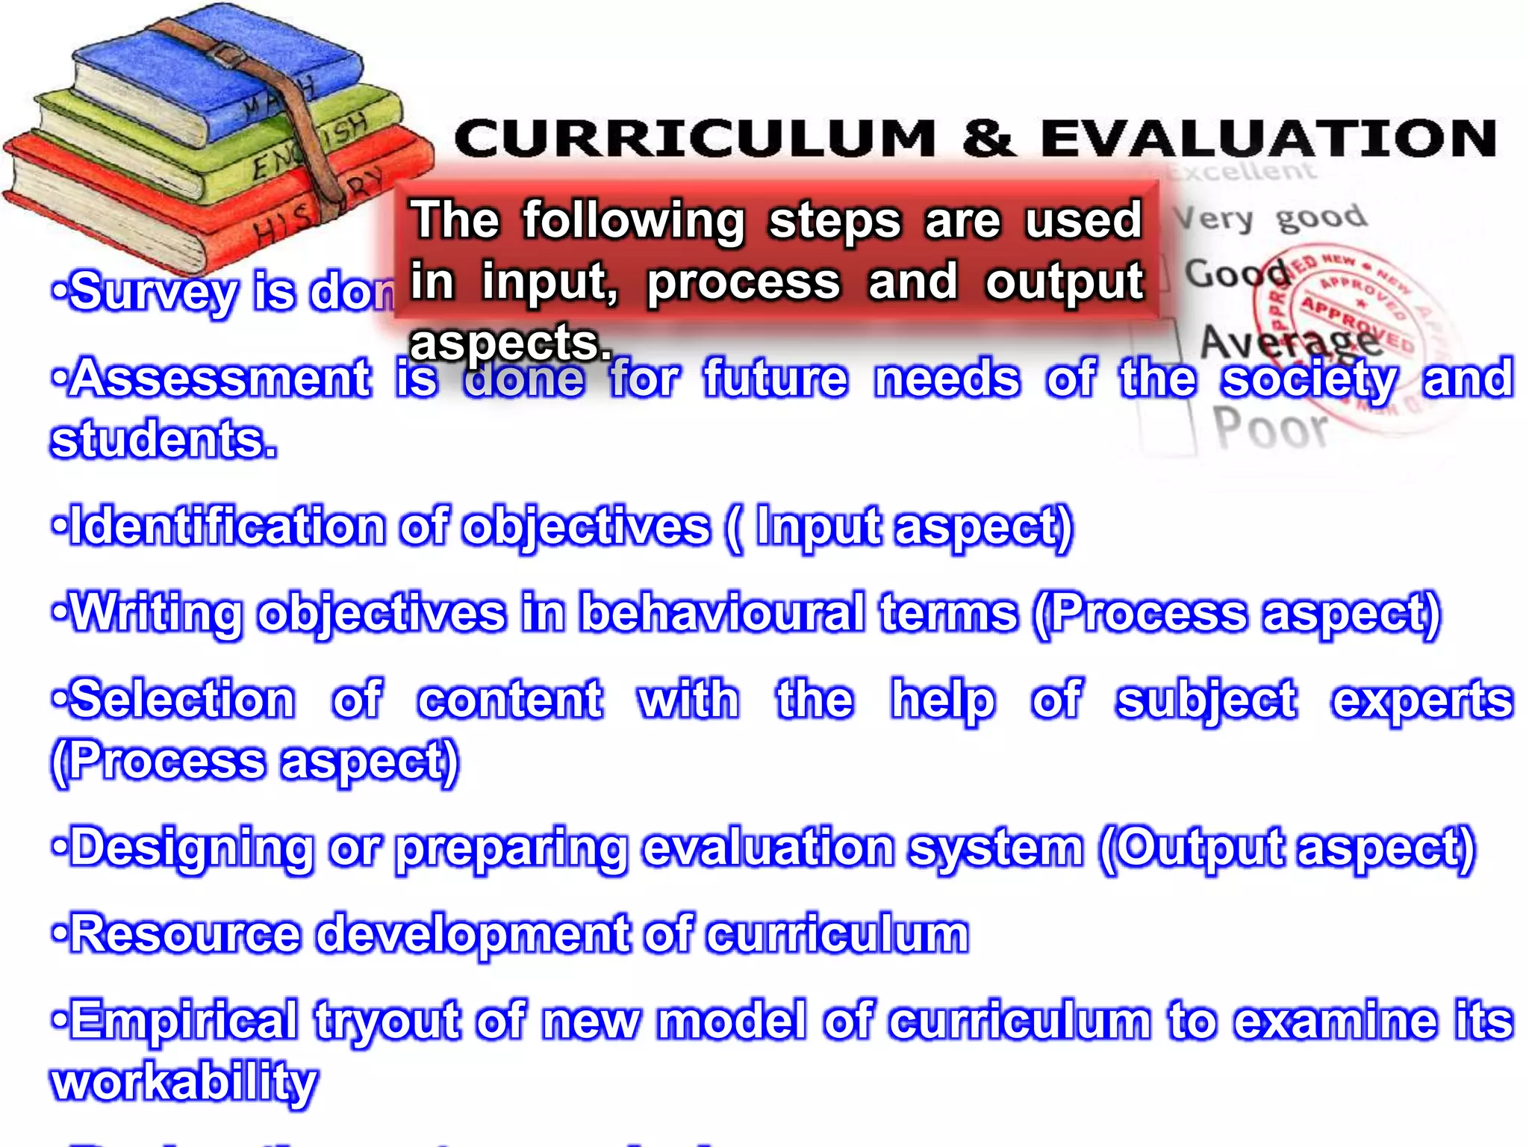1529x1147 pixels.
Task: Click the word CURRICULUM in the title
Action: tap(694, 139)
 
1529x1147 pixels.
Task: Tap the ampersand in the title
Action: tap(987, 139)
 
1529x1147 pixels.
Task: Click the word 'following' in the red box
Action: tap(633, 220)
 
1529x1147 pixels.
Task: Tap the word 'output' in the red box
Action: tap(1064, 282)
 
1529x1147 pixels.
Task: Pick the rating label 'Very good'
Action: tap(1269, 218)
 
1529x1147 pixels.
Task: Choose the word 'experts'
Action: tap(1422, 700)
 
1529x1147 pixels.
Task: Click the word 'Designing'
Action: tap(191, 848)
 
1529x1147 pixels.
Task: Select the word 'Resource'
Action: tap(187, 934)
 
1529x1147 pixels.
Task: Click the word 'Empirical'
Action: tap(184, 1021)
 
